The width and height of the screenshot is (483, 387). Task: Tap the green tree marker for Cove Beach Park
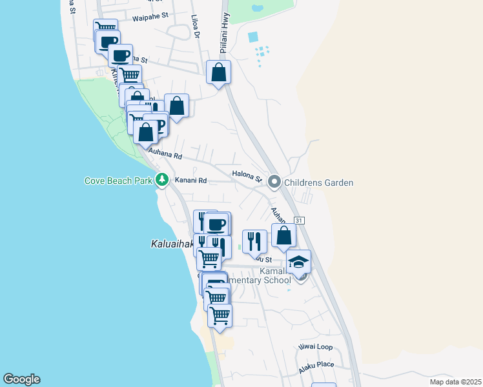pos(161,181)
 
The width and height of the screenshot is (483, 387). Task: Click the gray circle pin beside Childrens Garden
pos(274,183)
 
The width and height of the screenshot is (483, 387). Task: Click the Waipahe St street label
pos(150,19)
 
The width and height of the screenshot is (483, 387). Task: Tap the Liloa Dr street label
pos(196,28)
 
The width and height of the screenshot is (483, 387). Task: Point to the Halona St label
pos(246,174)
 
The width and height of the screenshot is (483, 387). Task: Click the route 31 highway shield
pos(298,221)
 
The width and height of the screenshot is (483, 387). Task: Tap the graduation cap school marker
pos(298,262)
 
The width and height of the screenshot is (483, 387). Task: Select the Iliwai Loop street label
pos(316,347)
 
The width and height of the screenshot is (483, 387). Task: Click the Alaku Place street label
pos(316,368)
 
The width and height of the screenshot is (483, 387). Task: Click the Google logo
pos(21,379)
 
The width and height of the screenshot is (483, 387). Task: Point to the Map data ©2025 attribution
pos(455,382)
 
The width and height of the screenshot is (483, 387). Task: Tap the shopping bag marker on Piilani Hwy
pos(219,72)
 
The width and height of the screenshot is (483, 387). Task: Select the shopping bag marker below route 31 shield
pos(283,236)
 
